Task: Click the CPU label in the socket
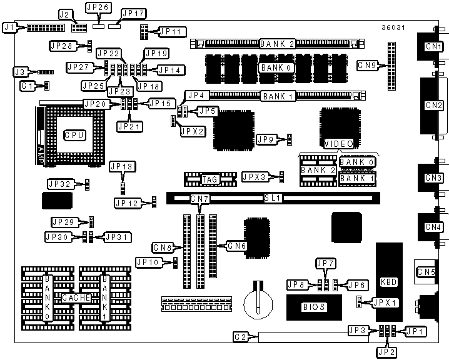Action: coord(73,134)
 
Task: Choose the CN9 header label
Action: coord(368,64)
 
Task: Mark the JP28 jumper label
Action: coord(62,45)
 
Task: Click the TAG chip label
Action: coord(209,179)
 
